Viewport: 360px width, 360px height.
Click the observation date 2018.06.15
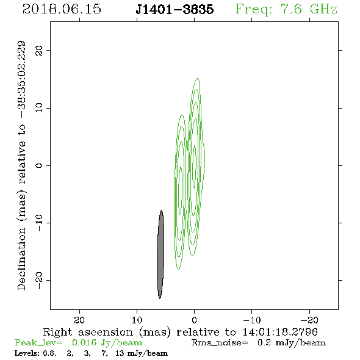[x=62, y=9]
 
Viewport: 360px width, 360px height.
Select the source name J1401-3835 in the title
[x=175, y=9]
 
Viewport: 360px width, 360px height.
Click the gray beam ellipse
[x=160, y=254]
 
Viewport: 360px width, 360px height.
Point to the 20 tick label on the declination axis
[x=39, y=50]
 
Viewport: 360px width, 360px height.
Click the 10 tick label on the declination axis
[x=39, y=107]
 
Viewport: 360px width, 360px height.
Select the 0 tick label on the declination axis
[x=39, y=165]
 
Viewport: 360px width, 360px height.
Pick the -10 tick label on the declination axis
[x=39, y=223]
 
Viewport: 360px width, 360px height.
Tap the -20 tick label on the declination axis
[x=39, y=280]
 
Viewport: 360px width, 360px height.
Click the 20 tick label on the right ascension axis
[x=79, y=320]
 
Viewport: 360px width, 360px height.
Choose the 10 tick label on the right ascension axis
[x=137, y=320]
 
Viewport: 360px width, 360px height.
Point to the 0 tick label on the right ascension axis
[x=194, y=320]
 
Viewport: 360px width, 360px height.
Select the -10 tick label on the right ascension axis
[x=252, y=320]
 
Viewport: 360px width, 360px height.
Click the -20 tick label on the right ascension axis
[x=309, y=320]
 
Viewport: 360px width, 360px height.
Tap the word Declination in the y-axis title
[x=21, y=259]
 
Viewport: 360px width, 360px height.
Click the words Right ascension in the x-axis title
[x=88, y=332]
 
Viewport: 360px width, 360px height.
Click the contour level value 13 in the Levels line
[x=120, y=353]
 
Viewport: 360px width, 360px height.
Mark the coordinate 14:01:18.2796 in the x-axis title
[x=280, y=332]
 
